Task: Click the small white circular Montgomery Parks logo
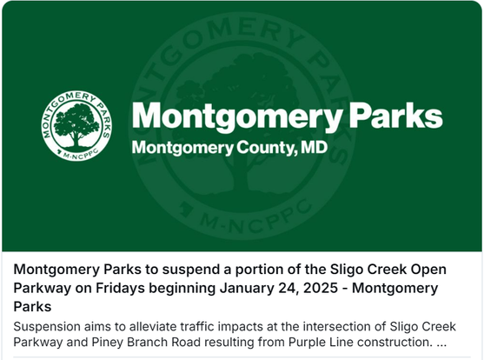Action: tap(76, 126)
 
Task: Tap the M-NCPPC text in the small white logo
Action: tap(81, 154)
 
